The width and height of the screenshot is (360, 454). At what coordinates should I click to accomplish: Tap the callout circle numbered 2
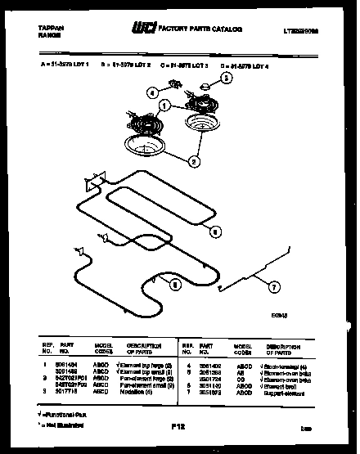(194, 161)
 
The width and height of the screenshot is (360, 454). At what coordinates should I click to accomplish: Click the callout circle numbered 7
(274, 287)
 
